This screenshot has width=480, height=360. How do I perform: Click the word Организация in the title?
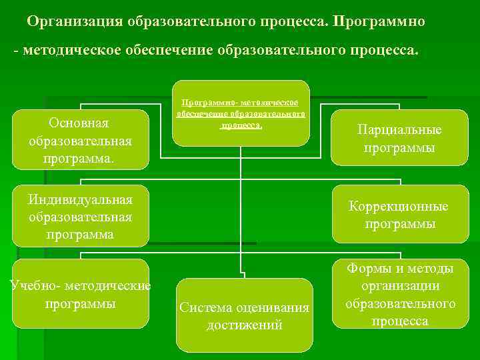pos(75,21)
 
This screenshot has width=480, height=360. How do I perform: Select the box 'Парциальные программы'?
pos(399,139)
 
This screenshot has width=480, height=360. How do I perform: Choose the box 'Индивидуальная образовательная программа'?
pos(81,216)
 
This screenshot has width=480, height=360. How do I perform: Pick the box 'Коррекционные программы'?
pos(400,215)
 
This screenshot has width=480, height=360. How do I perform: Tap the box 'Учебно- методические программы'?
pos(81,294)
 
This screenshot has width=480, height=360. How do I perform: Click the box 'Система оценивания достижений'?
pos(244,315)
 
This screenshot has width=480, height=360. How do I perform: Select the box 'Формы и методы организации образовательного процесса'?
pos(400,294)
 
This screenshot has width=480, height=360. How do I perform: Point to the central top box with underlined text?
pos(241,113)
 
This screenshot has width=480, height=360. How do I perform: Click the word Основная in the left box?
pos(79,123)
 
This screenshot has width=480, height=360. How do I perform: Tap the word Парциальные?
pos(399,130)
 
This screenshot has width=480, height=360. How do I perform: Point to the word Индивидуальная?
pos(80,199)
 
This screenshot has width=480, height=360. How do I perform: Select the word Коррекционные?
pos(399,207)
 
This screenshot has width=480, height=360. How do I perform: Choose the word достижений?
pos(244,325)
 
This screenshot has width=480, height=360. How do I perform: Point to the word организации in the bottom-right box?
pos(400,286)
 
